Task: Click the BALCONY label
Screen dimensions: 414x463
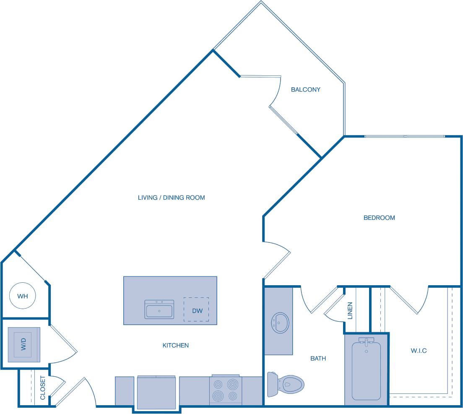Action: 306,89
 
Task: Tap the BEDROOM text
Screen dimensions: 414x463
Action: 379,218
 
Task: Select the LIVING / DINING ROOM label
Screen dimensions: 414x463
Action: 171,197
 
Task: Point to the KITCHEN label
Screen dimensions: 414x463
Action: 175,345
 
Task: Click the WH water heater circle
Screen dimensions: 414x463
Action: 22,296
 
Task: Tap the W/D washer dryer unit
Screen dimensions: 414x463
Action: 24,345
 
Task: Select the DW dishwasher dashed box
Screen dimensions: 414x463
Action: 196,310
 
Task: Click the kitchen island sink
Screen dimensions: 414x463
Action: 159,310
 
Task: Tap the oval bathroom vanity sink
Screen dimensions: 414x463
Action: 279,323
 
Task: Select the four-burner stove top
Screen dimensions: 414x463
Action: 226,390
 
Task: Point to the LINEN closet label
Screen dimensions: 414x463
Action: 350,310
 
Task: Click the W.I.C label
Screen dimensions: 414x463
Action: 419,350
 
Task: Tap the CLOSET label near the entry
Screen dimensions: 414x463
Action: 42,388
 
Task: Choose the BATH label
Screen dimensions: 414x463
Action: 318,358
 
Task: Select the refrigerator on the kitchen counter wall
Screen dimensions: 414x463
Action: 156,392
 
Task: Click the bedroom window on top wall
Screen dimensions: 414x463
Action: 404,136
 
